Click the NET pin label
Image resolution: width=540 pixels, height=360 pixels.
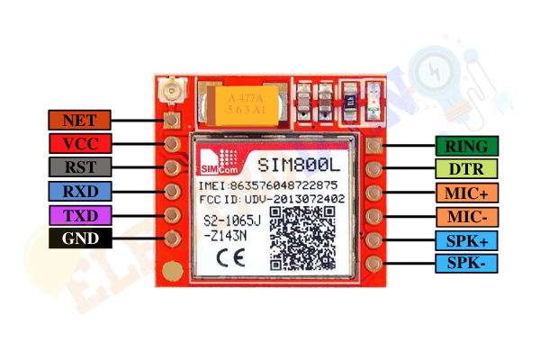(x=79, y=121)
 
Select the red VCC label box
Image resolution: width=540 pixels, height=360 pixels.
(x=80, y=143)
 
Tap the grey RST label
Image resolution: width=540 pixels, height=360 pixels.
(x=80, y=167)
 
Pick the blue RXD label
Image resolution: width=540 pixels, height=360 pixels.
(x=80, y=191)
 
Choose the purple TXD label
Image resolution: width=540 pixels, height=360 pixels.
(x=80, y=216)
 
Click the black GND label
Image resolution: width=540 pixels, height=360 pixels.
(x=80, y=238)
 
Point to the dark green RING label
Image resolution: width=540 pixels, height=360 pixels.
(x=466, y=146)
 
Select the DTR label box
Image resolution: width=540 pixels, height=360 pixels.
(x=466, y=169)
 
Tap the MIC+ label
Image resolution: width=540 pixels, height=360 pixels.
(x=466, y=193)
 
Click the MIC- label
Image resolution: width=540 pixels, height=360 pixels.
(x=467, y=217)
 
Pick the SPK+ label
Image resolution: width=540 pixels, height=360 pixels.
(x=466, y=240)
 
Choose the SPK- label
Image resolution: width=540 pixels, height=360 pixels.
(x=466, y=263)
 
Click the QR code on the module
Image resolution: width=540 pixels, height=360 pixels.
(x=302, y=238)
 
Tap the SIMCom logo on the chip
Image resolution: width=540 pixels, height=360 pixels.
(x=220, y=162)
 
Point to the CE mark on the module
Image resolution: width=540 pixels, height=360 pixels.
(x=231, y=258)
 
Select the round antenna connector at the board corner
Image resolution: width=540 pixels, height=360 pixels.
(x=171, y=90)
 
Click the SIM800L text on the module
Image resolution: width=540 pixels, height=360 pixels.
(x=299, y=165)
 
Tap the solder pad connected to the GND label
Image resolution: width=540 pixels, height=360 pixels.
(x=172, y=238)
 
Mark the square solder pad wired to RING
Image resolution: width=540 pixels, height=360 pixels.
(x=374, y=146)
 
